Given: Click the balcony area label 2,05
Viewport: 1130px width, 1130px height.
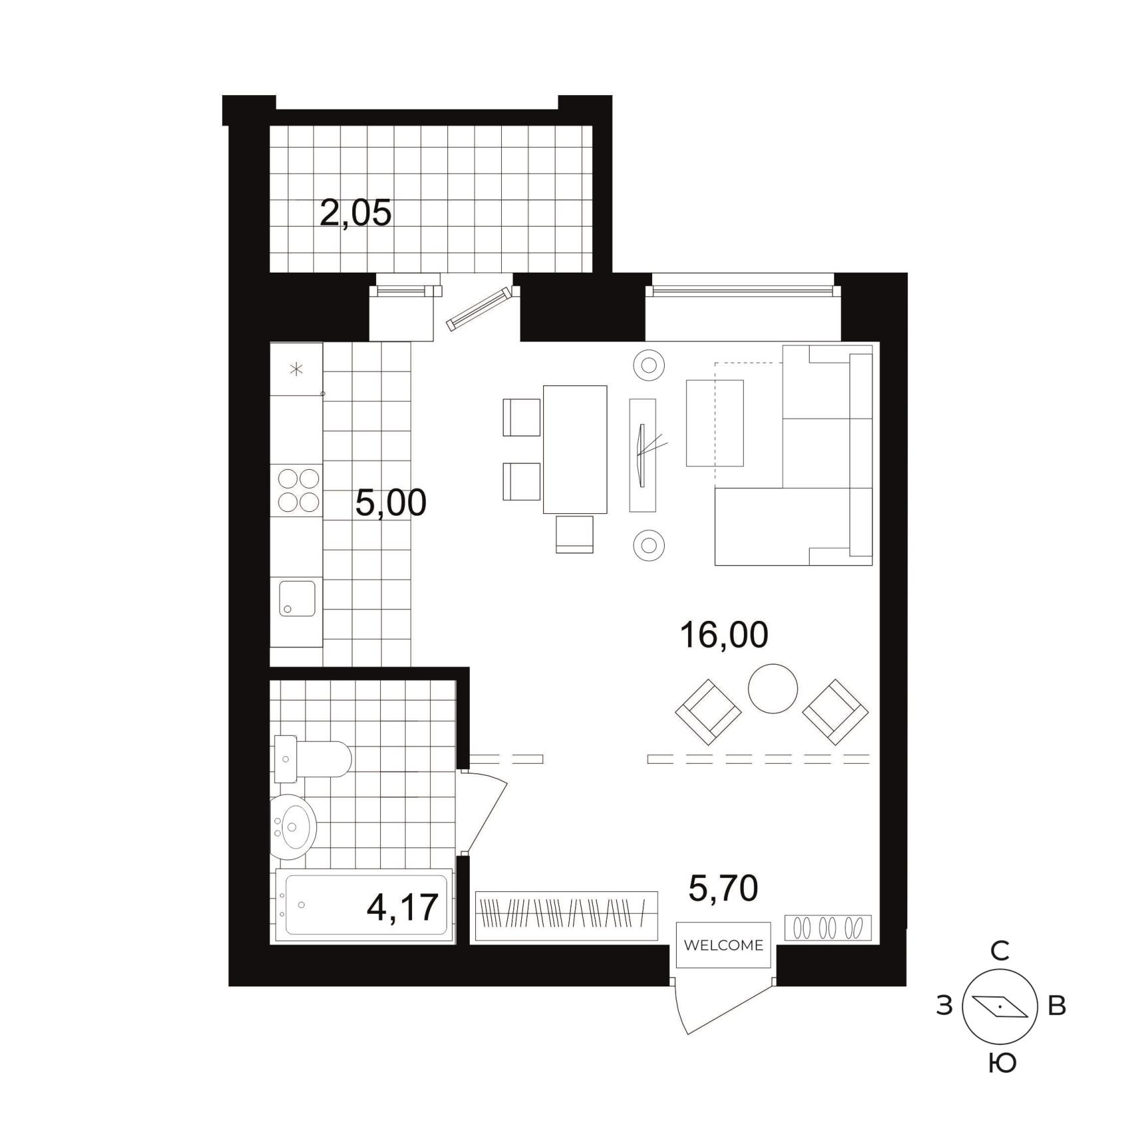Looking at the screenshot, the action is pos(356,213).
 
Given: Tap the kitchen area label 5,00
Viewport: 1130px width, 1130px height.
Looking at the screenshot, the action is pos(391,503).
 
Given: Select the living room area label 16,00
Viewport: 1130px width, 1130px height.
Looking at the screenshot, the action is pos(724,634).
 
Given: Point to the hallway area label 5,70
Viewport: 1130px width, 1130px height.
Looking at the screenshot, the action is pos(723,889).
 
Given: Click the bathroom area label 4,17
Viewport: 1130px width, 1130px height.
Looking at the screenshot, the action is pos(403,907).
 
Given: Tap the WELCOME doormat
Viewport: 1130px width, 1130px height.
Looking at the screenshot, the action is pos(723,945).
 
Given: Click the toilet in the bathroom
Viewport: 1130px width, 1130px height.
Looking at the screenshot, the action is pos(312,759).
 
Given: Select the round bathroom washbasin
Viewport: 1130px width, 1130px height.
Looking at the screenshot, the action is pos(293,827).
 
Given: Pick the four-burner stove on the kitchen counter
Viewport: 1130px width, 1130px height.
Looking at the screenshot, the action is pos(298,490).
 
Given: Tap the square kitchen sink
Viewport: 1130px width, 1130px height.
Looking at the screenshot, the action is pos(297,598).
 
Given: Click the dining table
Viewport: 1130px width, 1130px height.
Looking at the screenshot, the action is pos(575,449).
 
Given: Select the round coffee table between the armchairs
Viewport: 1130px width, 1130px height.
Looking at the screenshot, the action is pos(772,689).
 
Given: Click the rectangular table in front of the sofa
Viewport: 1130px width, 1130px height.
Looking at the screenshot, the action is pos(715,423).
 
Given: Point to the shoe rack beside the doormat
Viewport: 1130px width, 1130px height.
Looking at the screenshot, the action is pos(828,928).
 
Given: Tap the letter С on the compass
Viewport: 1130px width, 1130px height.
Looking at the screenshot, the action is pos(1000,951).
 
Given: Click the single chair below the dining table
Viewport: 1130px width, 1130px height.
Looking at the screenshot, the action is pos(574,534).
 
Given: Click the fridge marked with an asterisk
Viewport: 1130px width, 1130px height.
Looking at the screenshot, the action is pos(296,369).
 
